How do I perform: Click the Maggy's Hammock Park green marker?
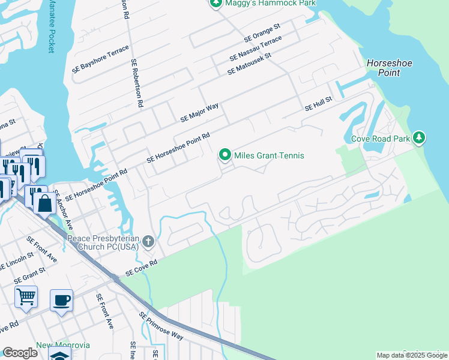[x=216, y=4]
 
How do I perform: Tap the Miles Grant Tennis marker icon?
[x=225, y=155]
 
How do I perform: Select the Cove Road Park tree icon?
[x=419, y=139]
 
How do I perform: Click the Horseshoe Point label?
[x=383, y=68]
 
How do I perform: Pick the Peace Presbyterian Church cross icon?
[x=149, y=242]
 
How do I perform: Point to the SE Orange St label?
[x=262, y=33]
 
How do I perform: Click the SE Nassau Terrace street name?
[x=255, y=49]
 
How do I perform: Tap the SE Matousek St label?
[x=249, y=64]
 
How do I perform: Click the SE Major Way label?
[x=199, y=113]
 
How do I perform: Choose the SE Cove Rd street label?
[x=141, y=268]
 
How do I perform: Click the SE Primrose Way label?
[x=161, y=326]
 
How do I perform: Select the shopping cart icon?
[x=26, y=296]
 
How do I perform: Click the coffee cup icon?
[x=61, y=299]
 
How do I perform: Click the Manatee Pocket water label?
[x=51, y=26]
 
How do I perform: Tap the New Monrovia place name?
[x=62, y=345]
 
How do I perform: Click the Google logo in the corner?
[x=20, y=353]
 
